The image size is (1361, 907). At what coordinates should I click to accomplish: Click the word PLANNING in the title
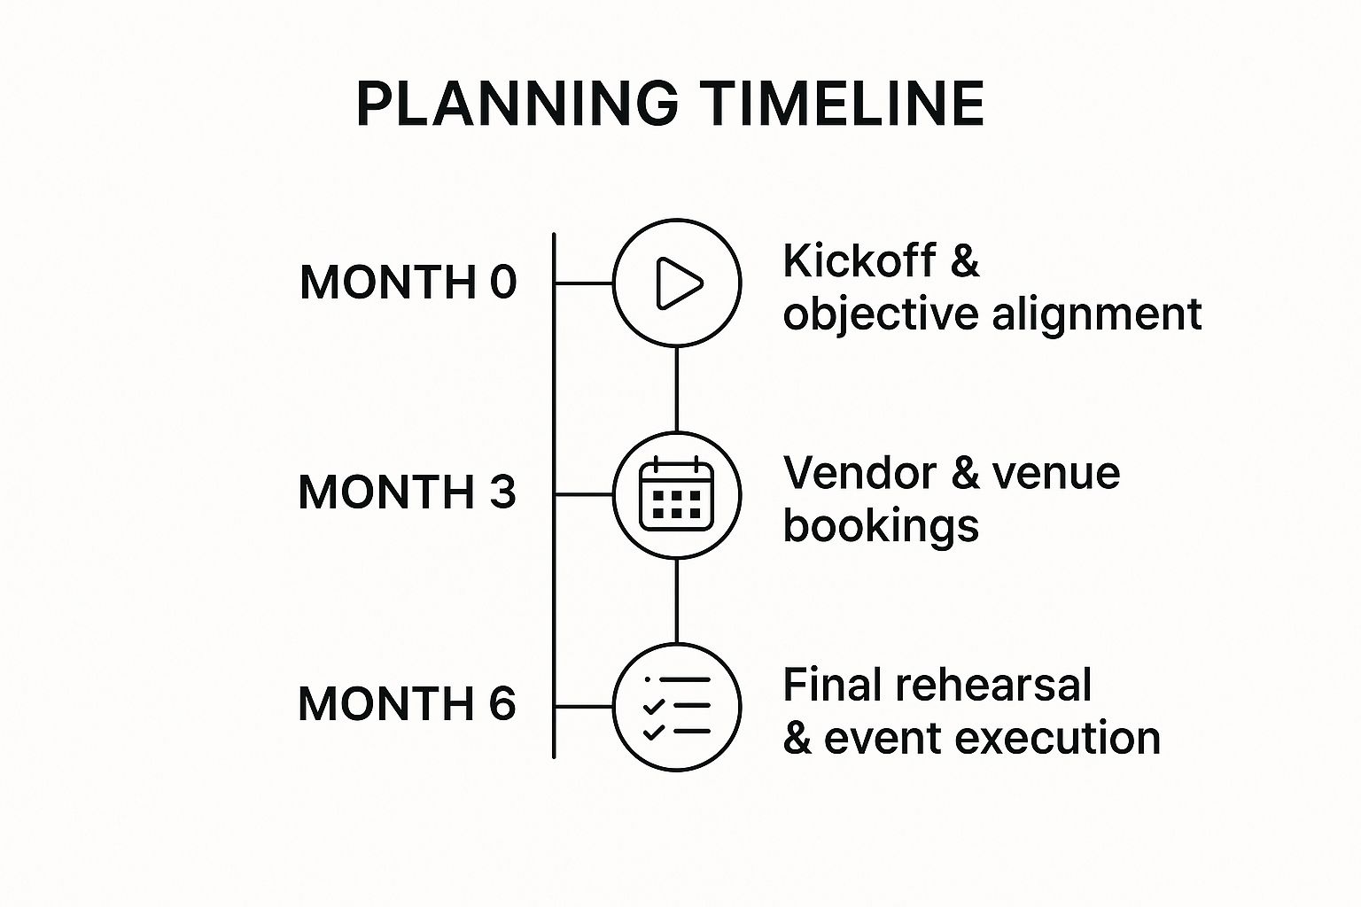(x=517, y=105)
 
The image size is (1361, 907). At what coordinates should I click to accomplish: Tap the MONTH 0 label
(x=408, y=283)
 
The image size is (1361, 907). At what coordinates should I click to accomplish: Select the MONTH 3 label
(x=407, y=492)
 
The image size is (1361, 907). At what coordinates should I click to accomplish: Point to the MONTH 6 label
(x=407, y=704)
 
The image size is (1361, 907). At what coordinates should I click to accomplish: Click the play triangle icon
(x=678, y=283)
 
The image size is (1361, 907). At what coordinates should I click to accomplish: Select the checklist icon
(x=677, y=706)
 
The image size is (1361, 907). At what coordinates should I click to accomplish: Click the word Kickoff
(x=859, y=261)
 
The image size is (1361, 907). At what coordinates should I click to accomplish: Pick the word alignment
(x=1096, y=314)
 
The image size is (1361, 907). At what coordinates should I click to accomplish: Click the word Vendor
(x=859, y=473)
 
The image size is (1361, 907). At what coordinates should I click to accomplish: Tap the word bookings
(x=881, y=526)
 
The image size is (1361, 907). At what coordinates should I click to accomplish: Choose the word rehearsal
(x=992, y=686)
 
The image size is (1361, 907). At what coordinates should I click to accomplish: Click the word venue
(x=1055, y=473)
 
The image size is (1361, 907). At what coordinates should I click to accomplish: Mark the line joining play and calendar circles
(x=677, y=389)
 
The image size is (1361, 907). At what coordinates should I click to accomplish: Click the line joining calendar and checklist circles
(x=677, y=601)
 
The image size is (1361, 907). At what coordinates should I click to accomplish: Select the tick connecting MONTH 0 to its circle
(x=584, y=283)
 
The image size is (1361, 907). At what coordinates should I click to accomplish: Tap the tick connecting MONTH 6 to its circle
(x=584, y=707)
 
